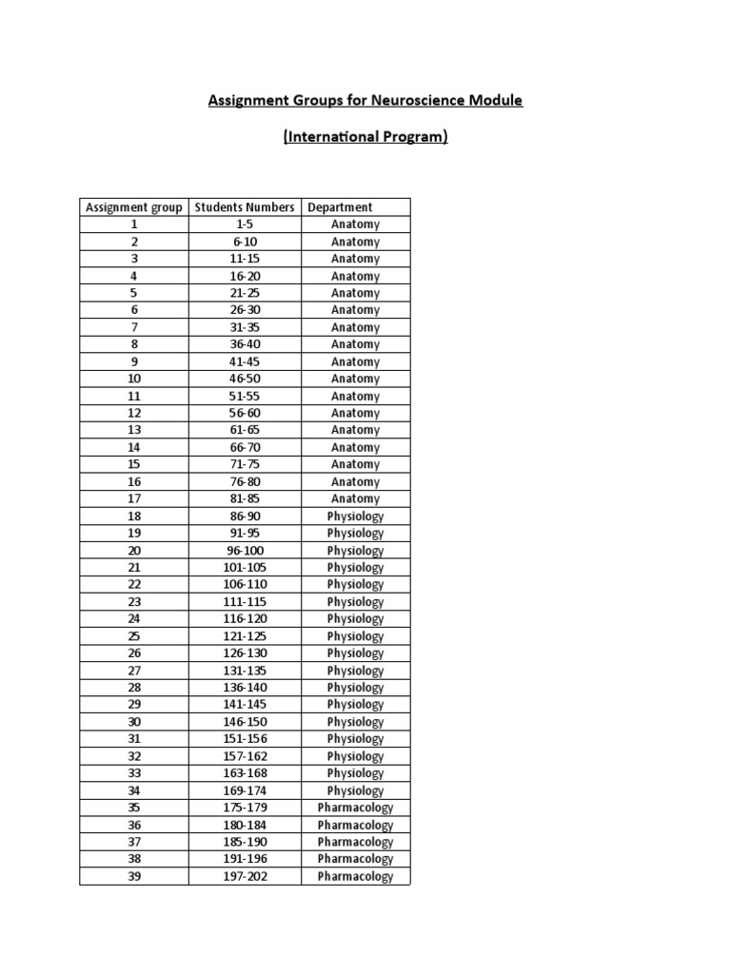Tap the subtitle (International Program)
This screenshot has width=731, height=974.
tap(365, 137)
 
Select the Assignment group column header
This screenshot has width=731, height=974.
tap(134, 207)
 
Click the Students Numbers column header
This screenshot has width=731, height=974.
tap(245, 207)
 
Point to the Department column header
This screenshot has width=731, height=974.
tap(340, 207)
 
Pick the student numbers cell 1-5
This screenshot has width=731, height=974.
tap(245, 224)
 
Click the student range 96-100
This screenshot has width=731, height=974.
tap(245, 551)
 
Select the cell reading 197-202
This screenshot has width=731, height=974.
tap(245, 876)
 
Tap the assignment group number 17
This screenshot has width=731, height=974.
tap(134, 498)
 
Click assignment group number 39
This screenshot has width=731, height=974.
tap(134, 876)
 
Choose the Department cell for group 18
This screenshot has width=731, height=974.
tap(355, 516)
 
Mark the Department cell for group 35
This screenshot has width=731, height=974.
tap(355, 808)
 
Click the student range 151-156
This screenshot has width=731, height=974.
tap(245, 739)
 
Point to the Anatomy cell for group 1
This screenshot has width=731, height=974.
tap(355, 224)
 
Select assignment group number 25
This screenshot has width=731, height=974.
tap(134, 636)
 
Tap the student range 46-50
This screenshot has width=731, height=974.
tap(245, 379)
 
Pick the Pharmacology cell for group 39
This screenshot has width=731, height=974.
tap(355, 876)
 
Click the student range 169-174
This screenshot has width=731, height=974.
tap(245, 790)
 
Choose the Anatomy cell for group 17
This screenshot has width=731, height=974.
tap(355, 498)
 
